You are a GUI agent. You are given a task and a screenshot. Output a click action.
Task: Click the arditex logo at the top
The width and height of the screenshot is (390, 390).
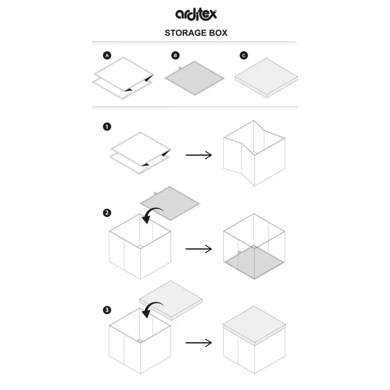pyautogui.click(x=196, y=14)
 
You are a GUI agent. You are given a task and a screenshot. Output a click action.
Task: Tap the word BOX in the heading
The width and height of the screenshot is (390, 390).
pyautogui.click(x=218, y=33)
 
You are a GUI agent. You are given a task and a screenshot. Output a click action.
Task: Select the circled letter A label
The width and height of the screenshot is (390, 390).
pyautogui.click(x=107, y=55)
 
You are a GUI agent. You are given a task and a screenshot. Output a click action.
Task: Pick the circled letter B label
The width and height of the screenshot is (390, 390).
pyautogui.click(x=175, y=55)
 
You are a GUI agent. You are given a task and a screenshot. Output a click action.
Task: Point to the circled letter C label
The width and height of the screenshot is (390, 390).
pyautogui.click(x=244, y=55)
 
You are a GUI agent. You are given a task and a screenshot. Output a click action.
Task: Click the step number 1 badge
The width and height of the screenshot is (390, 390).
pyautogui.click(x=107, y=127)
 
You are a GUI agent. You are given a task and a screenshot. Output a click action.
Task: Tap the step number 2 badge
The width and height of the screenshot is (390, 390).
pyautogui.click(x=107, y=213)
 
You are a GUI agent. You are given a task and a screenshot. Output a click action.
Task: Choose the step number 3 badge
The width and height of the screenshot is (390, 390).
pyautogui.click(x=107, y=310)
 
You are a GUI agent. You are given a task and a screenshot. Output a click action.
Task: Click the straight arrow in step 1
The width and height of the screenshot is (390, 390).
pyautogui.click(x=198, y=155)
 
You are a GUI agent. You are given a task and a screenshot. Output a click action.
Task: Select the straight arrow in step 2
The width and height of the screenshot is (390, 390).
pyautogui.click(x=198, y=249)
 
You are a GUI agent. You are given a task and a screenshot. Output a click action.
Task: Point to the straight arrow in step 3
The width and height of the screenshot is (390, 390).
pyautogui.click(x=198, y=343)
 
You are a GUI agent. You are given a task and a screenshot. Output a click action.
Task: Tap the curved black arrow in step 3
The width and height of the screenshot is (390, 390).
pyautogui.click(x=152, y=310)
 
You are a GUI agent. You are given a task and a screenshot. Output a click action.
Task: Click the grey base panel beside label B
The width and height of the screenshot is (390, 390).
pyautogui.click(x=195, y=78)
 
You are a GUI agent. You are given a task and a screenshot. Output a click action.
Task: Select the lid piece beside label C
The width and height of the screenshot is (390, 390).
pyautogui.click(x=266, y=78)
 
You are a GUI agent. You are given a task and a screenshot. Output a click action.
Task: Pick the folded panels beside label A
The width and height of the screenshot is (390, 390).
pyautogui.click(x=123, y=78)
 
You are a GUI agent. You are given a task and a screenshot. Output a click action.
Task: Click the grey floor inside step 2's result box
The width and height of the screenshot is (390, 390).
pyautogui.click(x=254, y=262)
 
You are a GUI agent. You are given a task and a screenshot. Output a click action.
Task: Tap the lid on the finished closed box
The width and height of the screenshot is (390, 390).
pyautogui.click(x=254, y=326)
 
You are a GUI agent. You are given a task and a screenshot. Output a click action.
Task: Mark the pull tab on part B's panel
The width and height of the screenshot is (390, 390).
pyautogui.click(x=179, y=68)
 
